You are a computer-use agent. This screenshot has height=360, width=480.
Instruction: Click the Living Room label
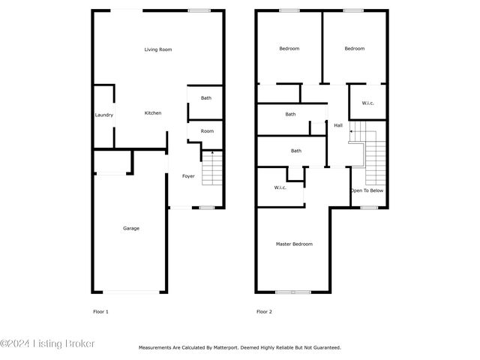pyautogui.click(x=158, y=49)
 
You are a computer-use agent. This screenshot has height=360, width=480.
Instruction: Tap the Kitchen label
pyautogui.click(x=153, y=113)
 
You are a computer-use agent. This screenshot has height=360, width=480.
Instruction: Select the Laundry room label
pyautogui.click(x=104, y=115)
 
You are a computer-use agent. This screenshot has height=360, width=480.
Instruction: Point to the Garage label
pyautogui.click(x=131, y=228)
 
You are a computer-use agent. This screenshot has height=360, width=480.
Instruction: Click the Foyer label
pyautogui.click(x=188, y=176)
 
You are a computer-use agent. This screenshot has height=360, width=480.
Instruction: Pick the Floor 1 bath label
pyautogui.click(x=206, y=98)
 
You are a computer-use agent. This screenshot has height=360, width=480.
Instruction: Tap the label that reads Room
pyautogui.click(x=207, y=131)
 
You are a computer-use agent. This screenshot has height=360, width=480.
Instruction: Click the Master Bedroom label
pyautogui.click(x=294, y=244)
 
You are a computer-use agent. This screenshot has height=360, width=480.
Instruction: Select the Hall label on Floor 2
pyautogui.click(x=338, y=125)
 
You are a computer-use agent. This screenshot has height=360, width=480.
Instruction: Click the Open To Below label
pyautogui.click(x=367, y=190)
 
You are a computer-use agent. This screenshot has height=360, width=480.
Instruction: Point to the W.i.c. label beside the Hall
pyautogui.click(x=367, y=103)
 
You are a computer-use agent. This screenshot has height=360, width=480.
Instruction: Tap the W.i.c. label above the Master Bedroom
pyautogui.click(x=280, y=187)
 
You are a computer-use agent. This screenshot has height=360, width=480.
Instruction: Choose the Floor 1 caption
pyautogui.click(x=100, y=312)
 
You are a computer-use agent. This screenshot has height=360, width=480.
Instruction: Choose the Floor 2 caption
pyautogui.click(x=264, y=312)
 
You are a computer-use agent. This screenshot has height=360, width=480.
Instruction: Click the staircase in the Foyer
pyautogui.click(x=212, y=168)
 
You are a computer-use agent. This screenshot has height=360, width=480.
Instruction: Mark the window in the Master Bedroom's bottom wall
pyautogui.click(x=293, y=292)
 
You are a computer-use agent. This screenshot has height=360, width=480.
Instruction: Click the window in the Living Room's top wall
pyautogui.click(x=199, y=10)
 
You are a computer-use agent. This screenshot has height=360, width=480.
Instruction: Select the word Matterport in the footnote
pyautogui.click(x=225, y=348)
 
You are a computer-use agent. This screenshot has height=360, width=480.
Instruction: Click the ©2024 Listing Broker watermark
pyautogui.click(x=47, y=343)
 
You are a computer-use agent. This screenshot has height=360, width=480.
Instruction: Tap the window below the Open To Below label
pyautogui.click(x=369, y=208)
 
